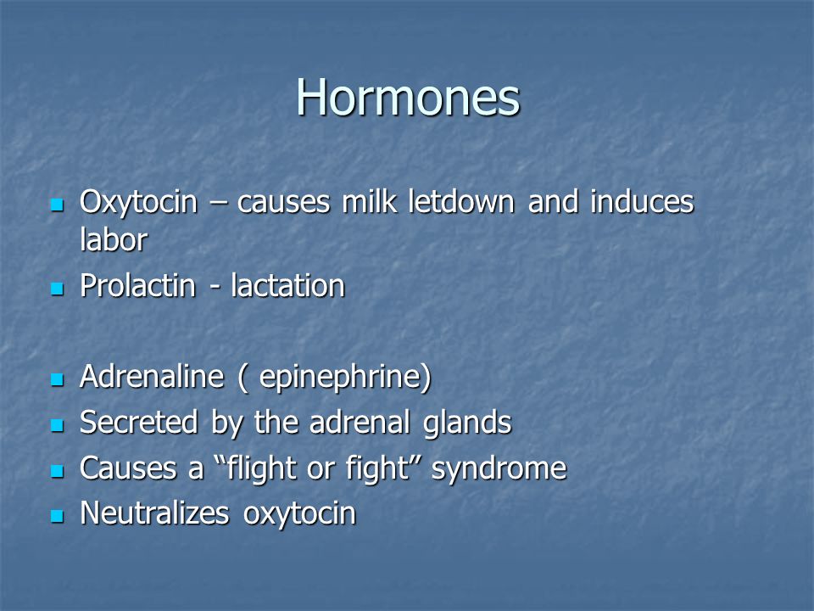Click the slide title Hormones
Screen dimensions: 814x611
click(408, 97)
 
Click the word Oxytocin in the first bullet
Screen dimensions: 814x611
click(138, 203)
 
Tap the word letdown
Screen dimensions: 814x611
click(461, 201)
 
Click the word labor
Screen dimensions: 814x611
click(114, 239)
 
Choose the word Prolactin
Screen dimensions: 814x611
click(137, 286)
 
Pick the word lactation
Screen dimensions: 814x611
click(288, 286)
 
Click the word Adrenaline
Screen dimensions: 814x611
click(152, 376)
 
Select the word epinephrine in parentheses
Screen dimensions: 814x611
click(340, 378)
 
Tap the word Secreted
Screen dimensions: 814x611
click(139, 422)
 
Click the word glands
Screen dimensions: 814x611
click(467, 423)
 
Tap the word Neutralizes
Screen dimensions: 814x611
click(154, 513)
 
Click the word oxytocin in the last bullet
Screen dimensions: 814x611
click(299, 514)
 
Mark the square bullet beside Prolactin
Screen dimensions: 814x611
click(57, 289)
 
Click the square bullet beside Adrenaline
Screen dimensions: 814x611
click(57, 379)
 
